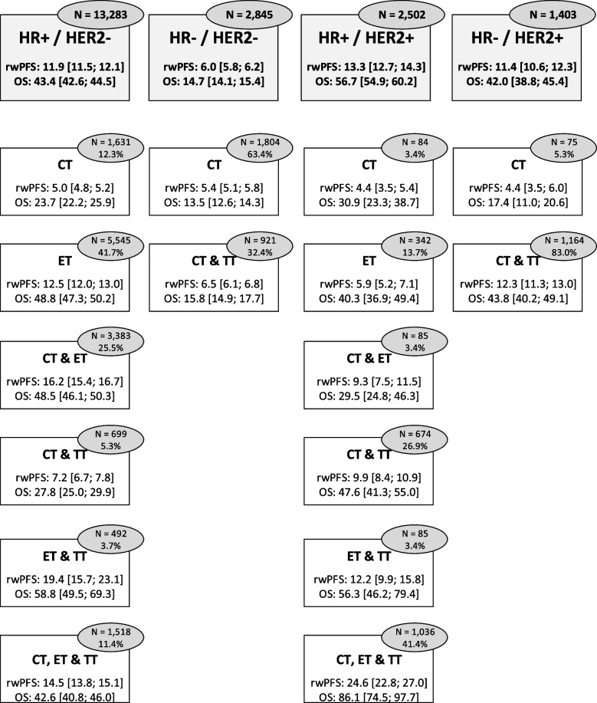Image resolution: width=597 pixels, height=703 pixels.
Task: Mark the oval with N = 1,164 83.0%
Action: coord(561,233)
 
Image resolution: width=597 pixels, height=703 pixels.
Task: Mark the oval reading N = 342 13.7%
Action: coord(412,233)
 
